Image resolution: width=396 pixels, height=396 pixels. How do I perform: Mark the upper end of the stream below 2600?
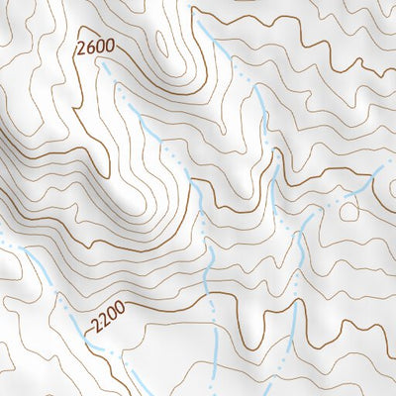pos(104,61)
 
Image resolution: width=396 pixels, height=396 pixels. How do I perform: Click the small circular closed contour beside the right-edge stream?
pos(347,210)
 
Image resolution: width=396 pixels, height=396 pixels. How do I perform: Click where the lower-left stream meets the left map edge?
pos(2,239)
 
